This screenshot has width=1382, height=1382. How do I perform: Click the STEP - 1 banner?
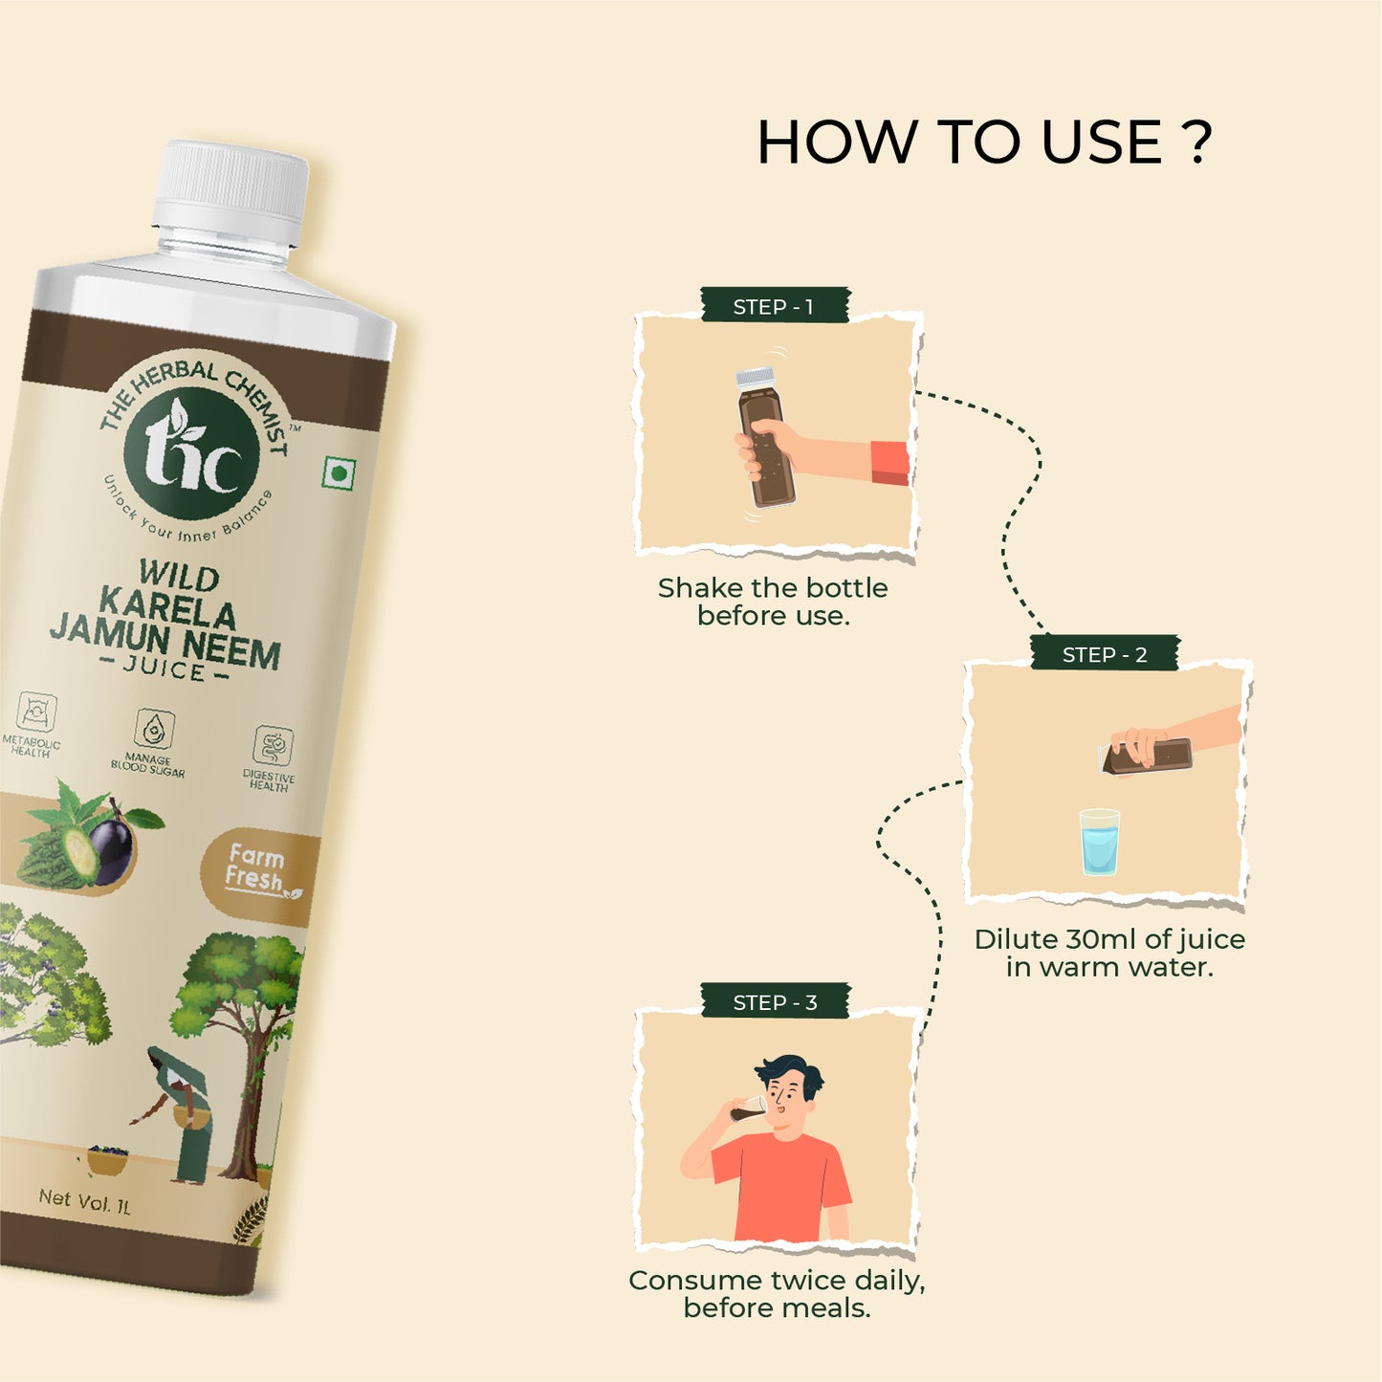tap(775, 306)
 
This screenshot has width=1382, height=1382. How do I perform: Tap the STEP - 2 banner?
tap(1105, 653)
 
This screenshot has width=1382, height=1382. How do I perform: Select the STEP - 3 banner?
tap(775, 1001)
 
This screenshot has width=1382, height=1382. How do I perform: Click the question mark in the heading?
tap(1196, 142)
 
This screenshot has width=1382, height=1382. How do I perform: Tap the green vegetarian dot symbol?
tap(337, 474)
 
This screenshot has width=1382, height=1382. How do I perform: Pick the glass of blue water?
tap(1100, 842)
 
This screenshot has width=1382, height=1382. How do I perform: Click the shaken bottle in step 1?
tap(764, 437)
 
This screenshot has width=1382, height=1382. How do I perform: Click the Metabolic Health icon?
tap(35, 712)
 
